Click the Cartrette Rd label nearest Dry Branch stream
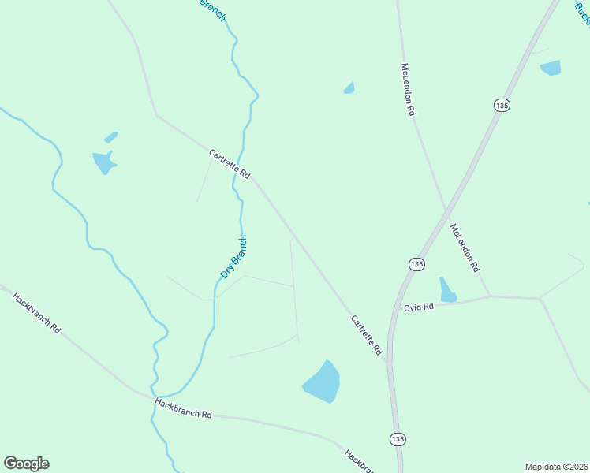230,164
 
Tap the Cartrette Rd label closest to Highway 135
366,334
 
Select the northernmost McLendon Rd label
408,90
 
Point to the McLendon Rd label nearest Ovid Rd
465,248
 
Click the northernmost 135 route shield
502,105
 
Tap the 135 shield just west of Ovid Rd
416,264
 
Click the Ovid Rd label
419,307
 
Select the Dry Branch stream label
233,257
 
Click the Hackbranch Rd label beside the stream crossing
184,408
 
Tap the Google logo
26,464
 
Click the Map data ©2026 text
556,467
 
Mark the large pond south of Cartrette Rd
322,382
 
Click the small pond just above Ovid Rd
447,290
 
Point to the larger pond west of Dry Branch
103,162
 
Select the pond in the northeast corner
551,68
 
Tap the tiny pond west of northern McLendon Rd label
349,88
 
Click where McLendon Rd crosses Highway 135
446,209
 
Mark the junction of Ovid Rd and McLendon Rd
490,296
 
